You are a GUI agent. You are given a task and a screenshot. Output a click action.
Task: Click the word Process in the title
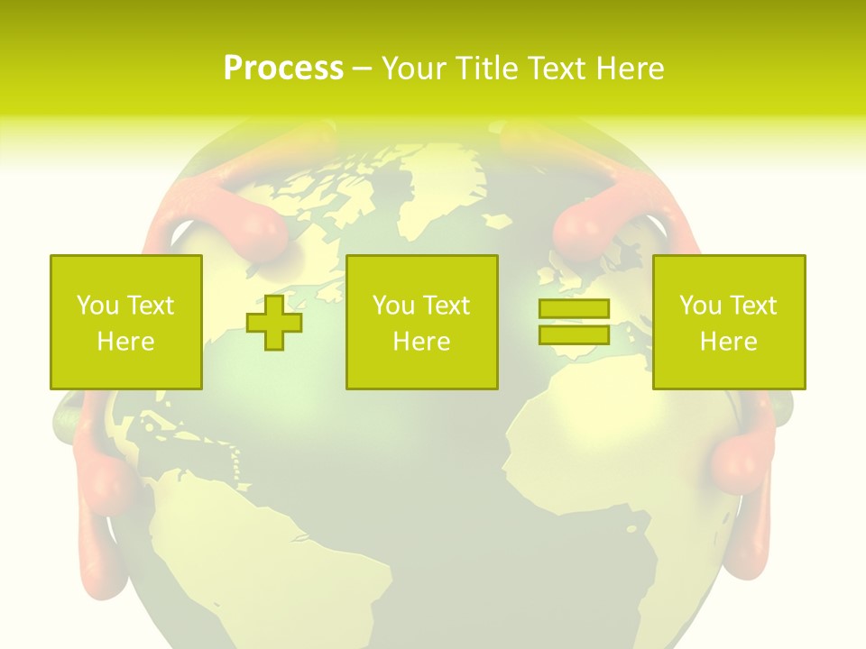tap(283, 69)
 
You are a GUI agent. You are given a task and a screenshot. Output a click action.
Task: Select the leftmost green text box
tap(126, 322)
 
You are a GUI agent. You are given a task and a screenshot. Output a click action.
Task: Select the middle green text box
tap(422, 322)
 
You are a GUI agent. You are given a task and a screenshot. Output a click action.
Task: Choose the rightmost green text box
tap(729, 322)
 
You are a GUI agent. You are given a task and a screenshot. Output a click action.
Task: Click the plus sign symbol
tap(274, 323)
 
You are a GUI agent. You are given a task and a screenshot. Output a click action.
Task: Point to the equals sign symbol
tap(574, 322)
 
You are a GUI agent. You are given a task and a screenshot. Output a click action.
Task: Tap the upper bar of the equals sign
tap(574, 309)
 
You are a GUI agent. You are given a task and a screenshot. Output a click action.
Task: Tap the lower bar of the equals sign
tap(574, 334)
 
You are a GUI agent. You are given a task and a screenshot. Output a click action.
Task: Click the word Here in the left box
tap(126, 342)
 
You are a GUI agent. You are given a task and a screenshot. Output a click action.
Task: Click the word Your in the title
tap(413, 69)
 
